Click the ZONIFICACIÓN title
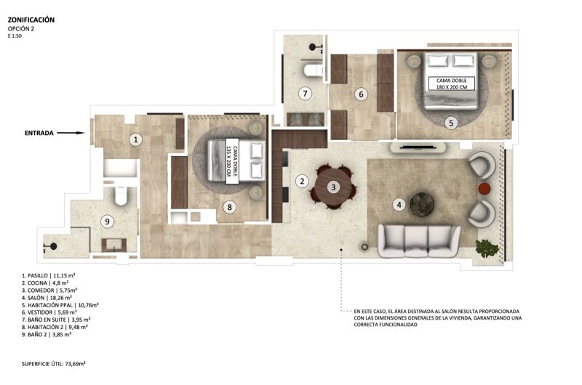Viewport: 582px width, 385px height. click(x=31, y=20)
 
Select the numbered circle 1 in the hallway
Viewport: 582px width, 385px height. click(x=135, y=139)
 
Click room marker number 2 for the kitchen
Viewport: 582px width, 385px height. click(x=301, y=180)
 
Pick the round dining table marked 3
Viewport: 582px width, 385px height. click(x=332, y=187)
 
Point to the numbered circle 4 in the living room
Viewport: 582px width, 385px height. click(x=399, y=204)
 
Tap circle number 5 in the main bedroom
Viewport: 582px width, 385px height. click(x=450, y=123)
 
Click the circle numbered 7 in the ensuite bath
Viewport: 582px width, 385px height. click(x=306, y=93)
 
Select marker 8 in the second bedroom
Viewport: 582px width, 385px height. click(x=229, y=207)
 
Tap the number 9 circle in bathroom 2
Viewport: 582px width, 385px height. click(x=108, y=222)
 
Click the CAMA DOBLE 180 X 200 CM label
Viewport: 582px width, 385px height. click(x=451, y=84)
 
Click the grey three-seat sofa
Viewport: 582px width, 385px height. click(x=419, y=240)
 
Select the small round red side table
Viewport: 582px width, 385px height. click(x=484, y=189)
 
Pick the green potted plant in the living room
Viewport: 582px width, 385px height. click(x=487, y=248)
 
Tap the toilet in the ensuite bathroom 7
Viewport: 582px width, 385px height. click(x=314, y=70)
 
